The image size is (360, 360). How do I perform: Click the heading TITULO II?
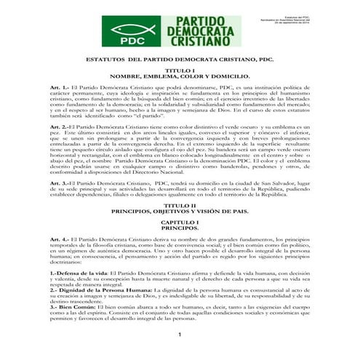pyautogui.click(x=178, y=205)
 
